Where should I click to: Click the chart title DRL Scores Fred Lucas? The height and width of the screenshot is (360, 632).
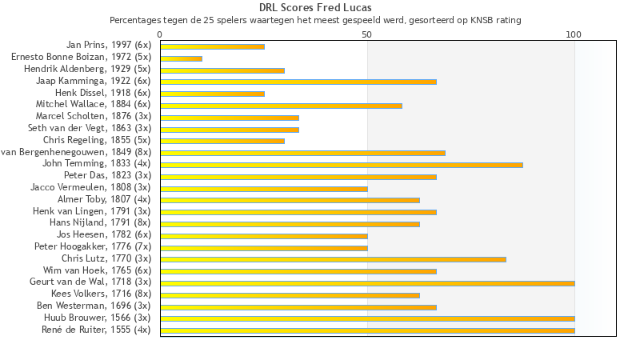pos(315,8)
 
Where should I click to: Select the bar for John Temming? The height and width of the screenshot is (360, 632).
pos(342,165)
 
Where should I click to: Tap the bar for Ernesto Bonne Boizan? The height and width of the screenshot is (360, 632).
pos(181,58)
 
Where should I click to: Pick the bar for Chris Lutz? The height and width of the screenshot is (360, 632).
pos(333,259)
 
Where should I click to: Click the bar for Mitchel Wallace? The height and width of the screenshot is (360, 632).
pos(281,106)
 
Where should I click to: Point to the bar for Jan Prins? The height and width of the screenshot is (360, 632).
pos(212,46)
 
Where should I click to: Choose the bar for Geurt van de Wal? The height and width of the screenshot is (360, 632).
pos(367,283)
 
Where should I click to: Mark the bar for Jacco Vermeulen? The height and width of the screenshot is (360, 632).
pos(264,189)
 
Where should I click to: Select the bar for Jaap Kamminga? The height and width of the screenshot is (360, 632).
pos(298,82)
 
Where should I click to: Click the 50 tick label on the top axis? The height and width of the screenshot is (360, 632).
pos(367,34)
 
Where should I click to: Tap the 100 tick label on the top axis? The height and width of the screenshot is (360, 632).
pos(574,34)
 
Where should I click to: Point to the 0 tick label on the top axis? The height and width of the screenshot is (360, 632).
pos(160,34)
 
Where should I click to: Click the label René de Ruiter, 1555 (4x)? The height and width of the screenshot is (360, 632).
pos(96,330)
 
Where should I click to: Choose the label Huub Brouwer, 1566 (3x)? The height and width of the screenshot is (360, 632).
pos(98,318)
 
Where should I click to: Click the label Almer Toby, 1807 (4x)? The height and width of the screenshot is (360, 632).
pos(104,200)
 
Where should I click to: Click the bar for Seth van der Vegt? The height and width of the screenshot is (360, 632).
pos(230,130)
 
